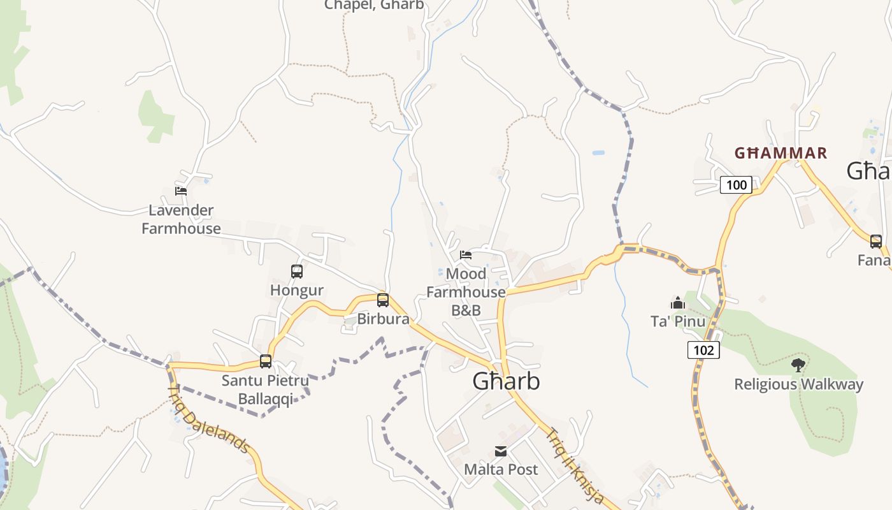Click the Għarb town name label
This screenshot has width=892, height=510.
[506, 381]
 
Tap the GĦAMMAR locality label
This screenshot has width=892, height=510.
[780, 153]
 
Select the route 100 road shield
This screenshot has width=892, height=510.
[736, 185]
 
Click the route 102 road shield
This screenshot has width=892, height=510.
[703, 349]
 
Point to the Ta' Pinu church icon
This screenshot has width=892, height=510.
[677, 302]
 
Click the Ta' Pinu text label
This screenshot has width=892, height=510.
[677, 321]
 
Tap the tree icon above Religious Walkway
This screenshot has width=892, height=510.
[798, 365]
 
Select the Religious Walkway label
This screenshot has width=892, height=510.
[798, 384]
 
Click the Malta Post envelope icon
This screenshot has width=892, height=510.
[501, 451]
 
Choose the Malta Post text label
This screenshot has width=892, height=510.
[501, 469]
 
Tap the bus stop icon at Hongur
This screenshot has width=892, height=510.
[297, 272]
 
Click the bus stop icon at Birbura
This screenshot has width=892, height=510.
[383, 300]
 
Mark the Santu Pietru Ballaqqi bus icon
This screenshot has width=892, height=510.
[266, 361]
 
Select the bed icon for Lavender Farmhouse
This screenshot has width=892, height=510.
[181, 191]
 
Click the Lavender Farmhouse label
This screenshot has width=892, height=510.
[181, 219]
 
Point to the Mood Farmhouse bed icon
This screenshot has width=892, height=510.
[466, 255]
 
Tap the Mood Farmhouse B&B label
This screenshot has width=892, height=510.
[466, 292]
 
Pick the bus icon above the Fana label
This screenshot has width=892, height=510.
[876, 241]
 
